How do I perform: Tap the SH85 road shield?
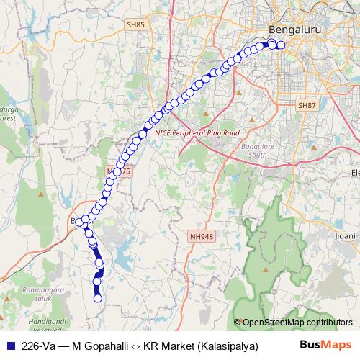tap(135, 24)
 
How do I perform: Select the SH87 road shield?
tap(307, 105)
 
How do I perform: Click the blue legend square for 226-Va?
tap(10, 346)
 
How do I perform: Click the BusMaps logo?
tap(329, 345)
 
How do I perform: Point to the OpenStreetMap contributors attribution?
tap(297, 323)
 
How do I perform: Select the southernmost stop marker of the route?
tap(97, 298)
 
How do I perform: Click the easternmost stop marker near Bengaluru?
tap(281, 45)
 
